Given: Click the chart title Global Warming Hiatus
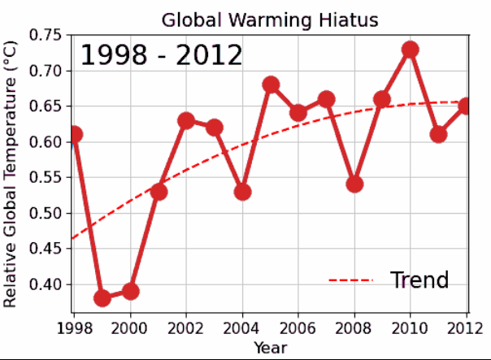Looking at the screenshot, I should tap(270, 20).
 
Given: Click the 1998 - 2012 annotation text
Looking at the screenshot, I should tap(161, 56).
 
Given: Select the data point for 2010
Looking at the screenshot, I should tap(411, 50).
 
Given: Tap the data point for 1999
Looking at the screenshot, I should tap(102, 298).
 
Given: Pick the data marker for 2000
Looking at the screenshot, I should tap(130, 291).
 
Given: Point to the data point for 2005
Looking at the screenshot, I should tap(271, 85).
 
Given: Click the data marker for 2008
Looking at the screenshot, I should tap(354, 184).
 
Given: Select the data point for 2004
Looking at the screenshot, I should tap(242, 192).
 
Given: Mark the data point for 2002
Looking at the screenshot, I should tap(186, 121).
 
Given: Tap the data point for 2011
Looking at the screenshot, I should tap(438, 135).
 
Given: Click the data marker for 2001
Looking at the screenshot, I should tap(159, 192).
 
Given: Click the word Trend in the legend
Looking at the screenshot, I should tap(419, 280).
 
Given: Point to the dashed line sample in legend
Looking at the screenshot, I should tap(350, 281).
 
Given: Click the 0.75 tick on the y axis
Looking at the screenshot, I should tap(48, 36).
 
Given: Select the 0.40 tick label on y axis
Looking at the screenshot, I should tap(48, 284).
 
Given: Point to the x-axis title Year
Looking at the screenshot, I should tap(269, 348).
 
